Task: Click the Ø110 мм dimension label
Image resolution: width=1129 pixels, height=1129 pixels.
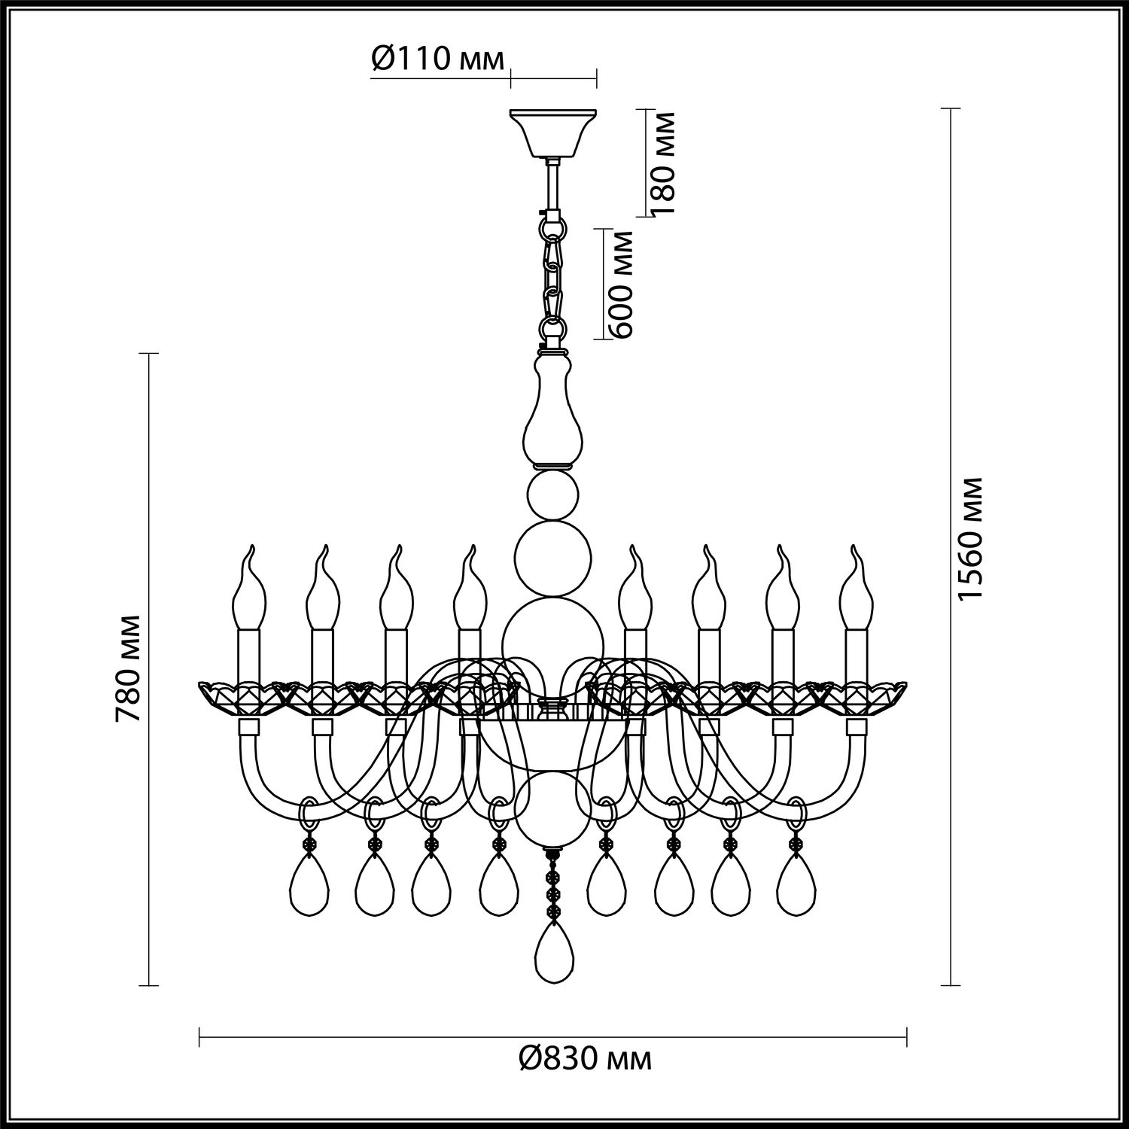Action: pyautogui.click(x=437, y=58)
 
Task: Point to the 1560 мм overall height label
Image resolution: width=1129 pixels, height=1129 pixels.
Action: pyautogui.click(x=970, y=539)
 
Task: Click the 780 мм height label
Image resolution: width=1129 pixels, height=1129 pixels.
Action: pyautogui.click(x=129, y=668)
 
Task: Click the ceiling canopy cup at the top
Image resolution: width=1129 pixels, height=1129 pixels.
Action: pyautogui.click(x=554, y=134)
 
